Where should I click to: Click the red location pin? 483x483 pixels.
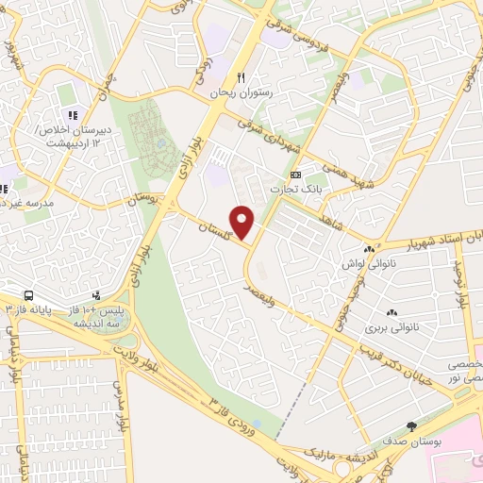tap(243, 223)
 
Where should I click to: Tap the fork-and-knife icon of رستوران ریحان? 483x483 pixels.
tap(241, 78)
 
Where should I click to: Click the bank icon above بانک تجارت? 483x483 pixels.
tap(295, 175)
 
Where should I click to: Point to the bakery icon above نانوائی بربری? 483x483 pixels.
tap(391, 312)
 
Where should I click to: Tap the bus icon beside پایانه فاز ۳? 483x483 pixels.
tap(29, 295)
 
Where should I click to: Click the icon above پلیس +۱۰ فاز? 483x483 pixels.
tap(97, 295)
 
